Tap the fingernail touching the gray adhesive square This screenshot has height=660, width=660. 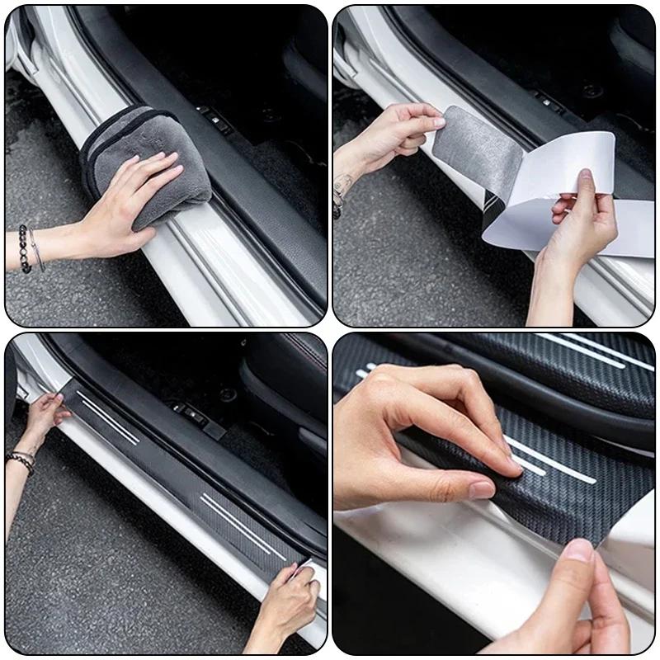(440, 121)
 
